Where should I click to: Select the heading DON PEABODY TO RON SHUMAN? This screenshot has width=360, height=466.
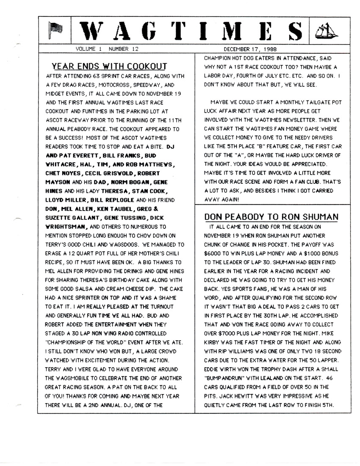click(271, 216)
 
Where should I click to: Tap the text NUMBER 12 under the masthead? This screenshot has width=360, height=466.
click(124, 49)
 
